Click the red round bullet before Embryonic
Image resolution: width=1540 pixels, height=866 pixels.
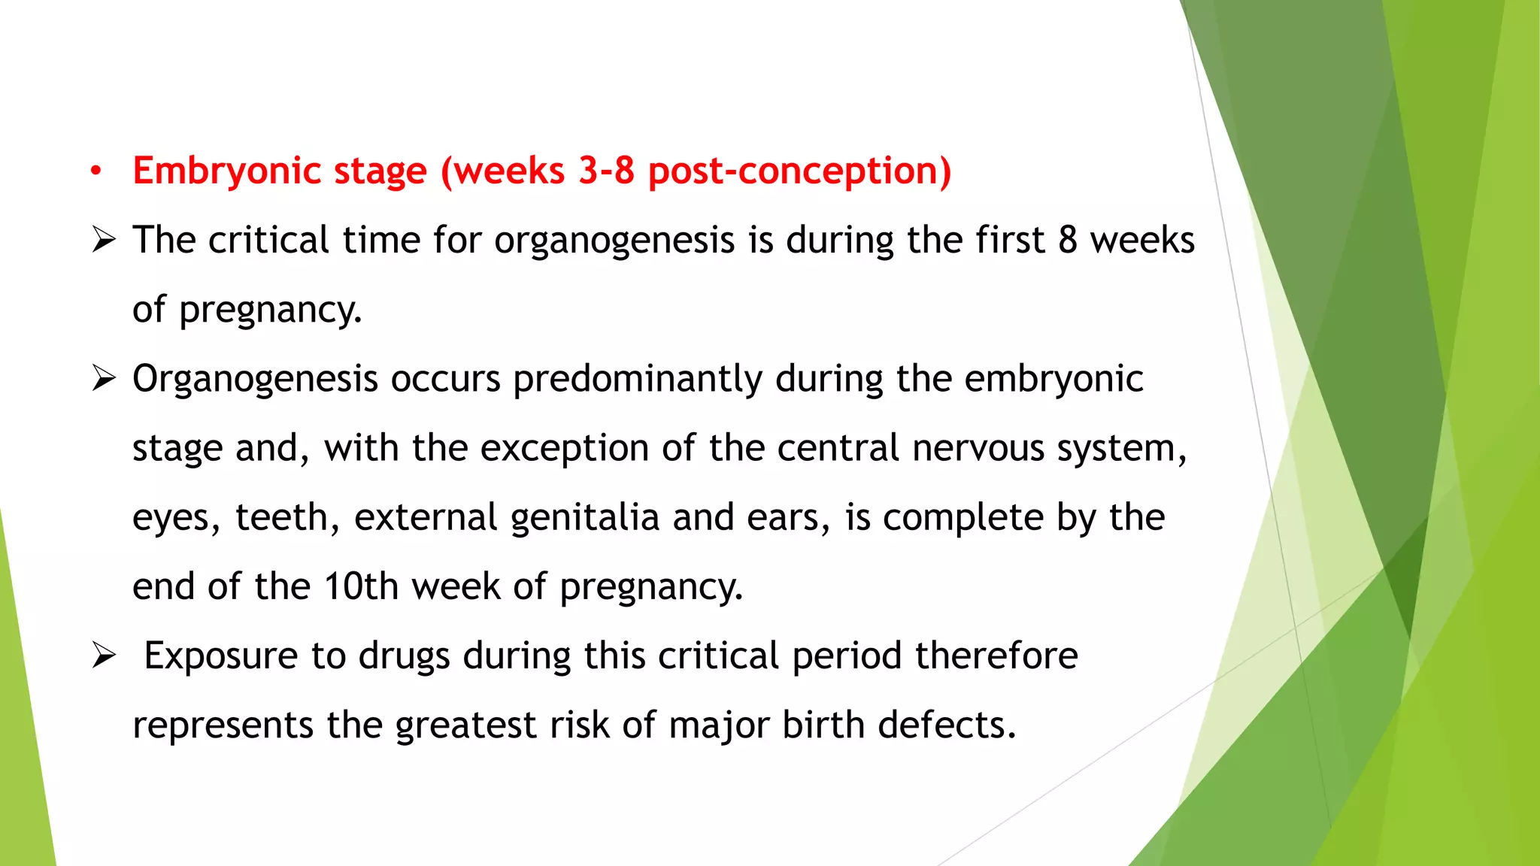click(x=95, y=172)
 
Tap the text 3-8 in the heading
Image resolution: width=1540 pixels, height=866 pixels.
click(x=606, y=171)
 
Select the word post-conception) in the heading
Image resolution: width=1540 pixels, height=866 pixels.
click(x=799, y=171)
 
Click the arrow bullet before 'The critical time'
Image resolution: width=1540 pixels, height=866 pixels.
click(x=103, y=241)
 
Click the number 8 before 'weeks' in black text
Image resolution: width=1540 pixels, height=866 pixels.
click(x=1068, y=241)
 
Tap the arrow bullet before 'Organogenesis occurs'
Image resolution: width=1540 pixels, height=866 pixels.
click(x=103, y=378)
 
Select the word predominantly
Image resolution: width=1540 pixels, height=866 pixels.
click(x=637, y=380)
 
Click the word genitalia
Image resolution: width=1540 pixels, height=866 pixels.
click(x=584, y=519)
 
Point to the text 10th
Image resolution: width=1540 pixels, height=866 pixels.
click(x=360, y=586)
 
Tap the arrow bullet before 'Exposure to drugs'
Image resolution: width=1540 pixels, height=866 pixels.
click(x=103, y=656)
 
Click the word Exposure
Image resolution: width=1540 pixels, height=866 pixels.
click(x=220, y=656)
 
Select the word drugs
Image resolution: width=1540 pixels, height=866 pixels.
click(x=404, y=656)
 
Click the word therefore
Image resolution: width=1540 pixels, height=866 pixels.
click(x=996, y=656)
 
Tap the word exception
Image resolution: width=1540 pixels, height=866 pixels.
click(x=564, y=449)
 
